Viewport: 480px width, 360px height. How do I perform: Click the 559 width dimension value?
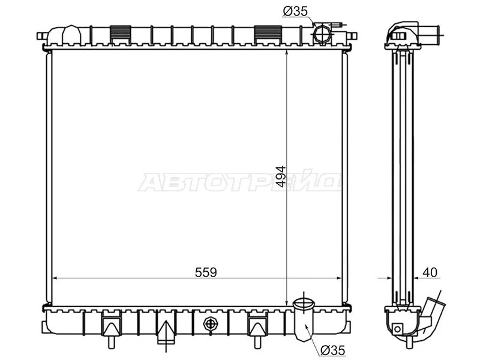206,272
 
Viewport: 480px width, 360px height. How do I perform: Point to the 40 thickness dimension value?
430,272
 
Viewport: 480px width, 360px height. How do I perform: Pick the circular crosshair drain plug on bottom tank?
209,324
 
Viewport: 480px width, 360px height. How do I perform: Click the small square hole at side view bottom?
397,328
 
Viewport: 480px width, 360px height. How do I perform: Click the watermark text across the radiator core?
240,182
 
